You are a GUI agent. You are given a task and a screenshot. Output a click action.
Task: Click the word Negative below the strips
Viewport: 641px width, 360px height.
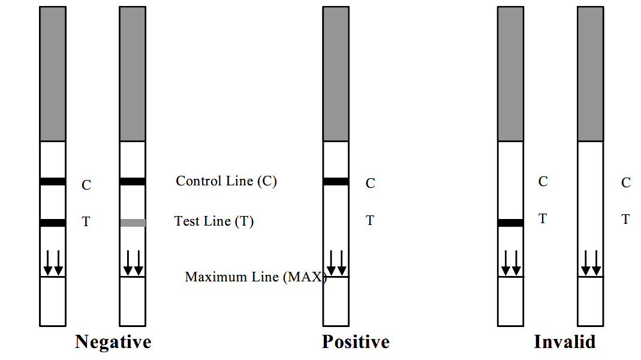click(x=113, y=342)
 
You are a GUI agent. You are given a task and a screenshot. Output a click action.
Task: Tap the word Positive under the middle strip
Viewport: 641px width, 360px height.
click(x=356, y=341)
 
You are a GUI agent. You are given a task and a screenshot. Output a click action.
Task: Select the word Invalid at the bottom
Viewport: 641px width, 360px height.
click(x=565, y=341)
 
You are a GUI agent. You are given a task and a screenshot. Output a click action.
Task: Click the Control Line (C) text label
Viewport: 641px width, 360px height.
click(x=227, y=181)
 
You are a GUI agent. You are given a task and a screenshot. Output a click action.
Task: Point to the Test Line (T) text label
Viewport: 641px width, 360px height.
click(x=214, y=221)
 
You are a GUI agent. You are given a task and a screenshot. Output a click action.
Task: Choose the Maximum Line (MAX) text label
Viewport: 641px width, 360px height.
click(x=256, y=277)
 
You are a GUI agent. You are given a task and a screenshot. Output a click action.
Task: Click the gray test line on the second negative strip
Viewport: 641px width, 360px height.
click(x=133, y=223)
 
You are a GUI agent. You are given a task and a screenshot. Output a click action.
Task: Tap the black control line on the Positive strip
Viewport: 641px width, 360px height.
click(x=336, y=182)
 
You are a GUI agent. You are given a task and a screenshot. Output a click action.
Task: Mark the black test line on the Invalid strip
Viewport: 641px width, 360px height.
click(x=511, y=223)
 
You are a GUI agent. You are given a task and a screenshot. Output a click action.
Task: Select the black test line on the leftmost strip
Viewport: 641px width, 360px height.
click(x=53, y=223)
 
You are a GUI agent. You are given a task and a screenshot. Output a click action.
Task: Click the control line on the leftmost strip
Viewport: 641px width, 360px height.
click(x=53, y=182)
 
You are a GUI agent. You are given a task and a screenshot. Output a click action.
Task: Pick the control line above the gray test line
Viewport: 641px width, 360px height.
click(x=133, y=182)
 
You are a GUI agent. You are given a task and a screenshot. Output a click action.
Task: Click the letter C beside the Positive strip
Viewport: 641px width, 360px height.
click(x=371, y=183)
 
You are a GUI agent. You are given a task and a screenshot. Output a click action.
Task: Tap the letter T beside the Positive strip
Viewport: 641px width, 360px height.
click(x=370, y=221)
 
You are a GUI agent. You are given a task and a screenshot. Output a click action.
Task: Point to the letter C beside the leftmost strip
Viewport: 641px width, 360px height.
click(x=86, y=185)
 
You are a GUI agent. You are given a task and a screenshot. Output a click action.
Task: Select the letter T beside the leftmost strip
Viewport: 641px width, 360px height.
click(x=86, y=222)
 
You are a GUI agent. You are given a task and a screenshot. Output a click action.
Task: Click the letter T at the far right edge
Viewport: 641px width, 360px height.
click(x=625, y=219)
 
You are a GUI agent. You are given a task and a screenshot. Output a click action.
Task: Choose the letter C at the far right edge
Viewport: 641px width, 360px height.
click(x=626, y=182)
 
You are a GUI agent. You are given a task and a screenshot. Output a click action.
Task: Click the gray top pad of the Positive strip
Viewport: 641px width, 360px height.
click(x=336, y=74)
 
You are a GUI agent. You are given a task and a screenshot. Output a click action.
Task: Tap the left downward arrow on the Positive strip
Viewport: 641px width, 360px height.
click(x=331, y=263)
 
